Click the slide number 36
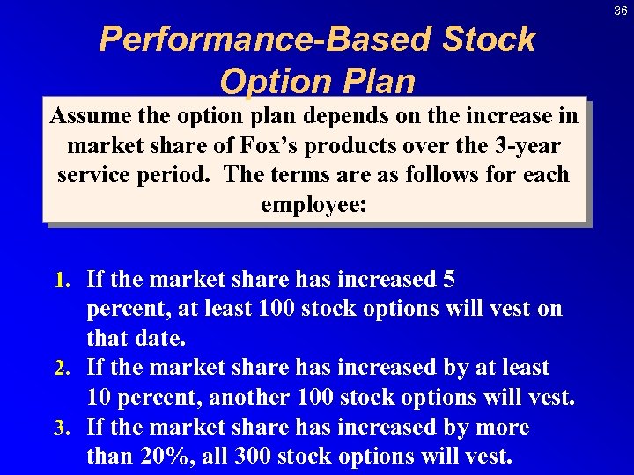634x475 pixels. point(621,10)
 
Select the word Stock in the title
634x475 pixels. point(488,40)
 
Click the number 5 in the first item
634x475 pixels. point(449,280)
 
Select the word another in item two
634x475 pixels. point(250,397)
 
